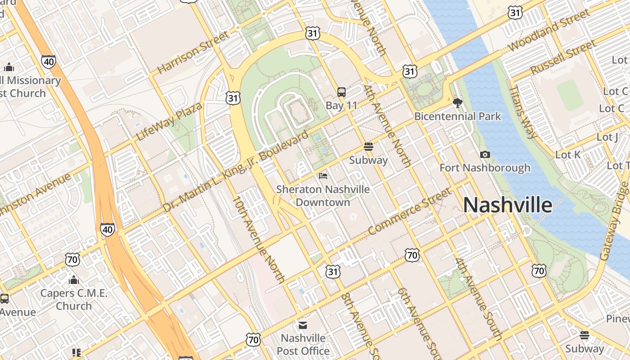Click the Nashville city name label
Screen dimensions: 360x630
click(508, 205)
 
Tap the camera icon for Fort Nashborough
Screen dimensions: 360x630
click(485, 155)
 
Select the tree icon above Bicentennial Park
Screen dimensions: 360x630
click(458, 103)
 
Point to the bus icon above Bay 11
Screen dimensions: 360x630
click(342, 92)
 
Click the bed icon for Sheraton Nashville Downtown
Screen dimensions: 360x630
click(323, 175)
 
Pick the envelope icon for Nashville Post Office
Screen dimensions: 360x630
click(303, 325)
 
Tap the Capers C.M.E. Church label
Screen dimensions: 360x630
click(74, 300)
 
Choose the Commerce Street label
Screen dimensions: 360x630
click(409, 211)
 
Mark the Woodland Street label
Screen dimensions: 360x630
click(549, 30)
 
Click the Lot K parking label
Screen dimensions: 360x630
click(568, 155)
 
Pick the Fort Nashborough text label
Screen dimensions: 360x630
click(485, 168)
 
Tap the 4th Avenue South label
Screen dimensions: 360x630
click(478, 298)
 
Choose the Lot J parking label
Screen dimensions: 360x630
click(607, 137)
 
